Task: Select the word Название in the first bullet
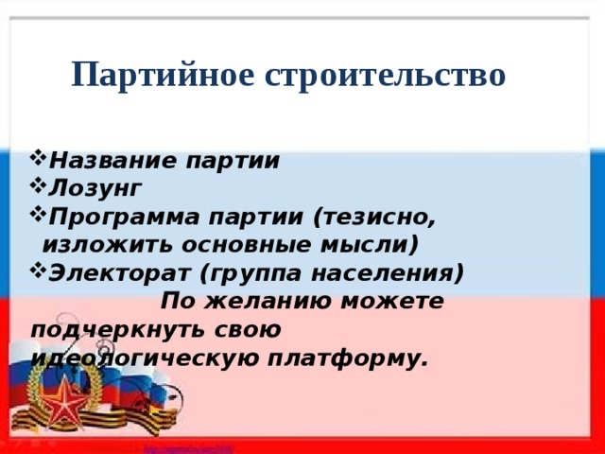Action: (108, 159)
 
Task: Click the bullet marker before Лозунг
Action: (38, 186)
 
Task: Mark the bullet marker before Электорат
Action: (38, 273)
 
